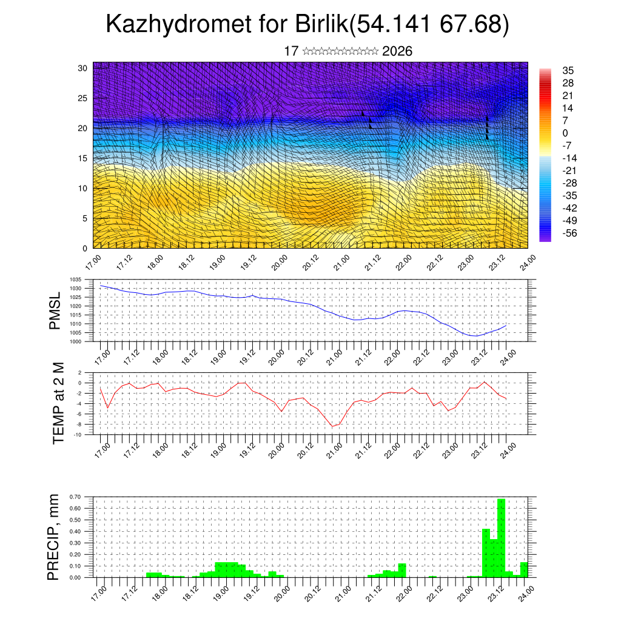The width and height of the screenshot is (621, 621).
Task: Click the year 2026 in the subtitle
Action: [x=397, y=52]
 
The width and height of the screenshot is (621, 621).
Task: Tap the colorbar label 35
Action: [x=568, y=70]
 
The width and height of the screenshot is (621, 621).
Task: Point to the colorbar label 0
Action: [x=565, y=133]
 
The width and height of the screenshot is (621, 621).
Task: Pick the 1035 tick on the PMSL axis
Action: [x=76, y=280]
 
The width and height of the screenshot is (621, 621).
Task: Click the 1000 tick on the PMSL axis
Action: [x=76, y=341]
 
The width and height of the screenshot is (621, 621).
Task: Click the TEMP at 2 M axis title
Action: [x=58, y=402]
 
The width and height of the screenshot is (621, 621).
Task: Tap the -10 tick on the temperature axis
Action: [x=78, y=434]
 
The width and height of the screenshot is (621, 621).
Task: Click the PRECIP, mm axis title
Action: [x=53, y=537]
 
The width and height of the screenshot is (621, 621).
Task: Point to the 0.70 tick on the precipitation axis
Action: [x=75, y=497]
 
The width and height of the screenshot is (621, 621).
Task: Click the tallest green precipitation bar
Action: [x=501, y=538]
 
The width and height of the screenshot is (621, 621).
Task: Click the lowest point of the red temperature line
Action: [x=332, y=426]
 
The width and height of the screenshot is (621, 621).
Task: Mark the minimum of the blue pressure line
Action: [x=477, y=336]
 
